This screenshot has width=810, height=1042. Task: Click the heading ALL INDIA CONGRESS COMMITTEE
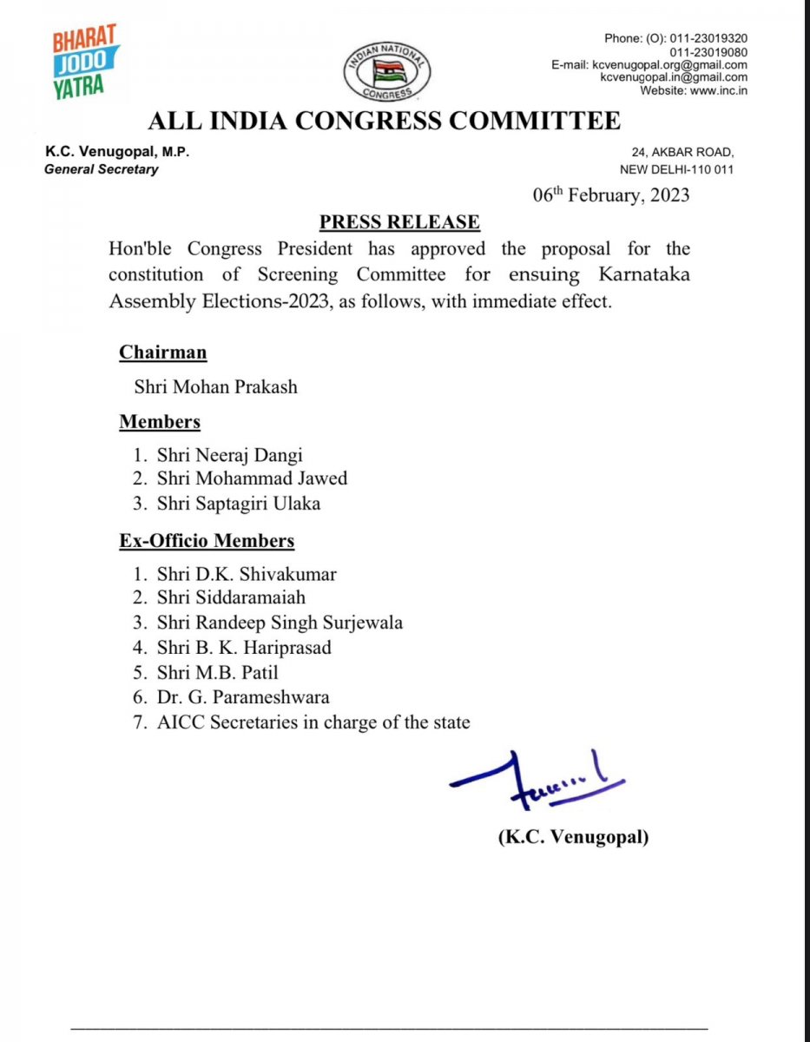click(384, 121)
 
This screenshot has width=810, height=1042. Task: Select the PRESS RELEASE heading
click(399, 222)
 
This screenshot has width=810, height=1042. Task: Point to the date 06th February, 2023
click(611, 195)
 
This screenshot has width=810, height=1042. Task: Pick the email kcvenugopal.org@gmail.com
click(669, 65)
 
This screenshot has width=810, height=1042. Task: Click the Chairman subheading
click(163, 353)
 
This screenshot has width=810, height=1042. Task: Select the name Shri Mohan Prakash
click(215, 386)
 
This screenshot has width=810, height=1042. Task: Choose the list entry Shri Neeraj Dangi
click(230, 454)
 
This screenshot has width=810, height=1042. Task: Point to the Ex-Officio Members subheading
click(207, 541)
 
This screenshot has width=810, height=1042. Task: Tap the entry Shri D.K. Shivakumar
click(247, 574)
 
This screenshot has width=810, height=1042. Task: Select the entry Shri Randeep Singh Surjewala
click(280, 623)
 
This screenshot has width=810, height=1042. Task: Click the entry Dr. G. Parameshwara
click(243, 697)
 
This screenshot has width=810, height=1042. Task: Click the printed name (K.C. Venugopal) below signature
click(573, 838)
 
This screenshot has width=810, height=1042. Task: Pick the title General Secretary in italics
click(102, 169)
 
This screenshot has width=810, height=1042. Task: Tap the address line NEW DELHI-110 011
click(676, 169)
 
